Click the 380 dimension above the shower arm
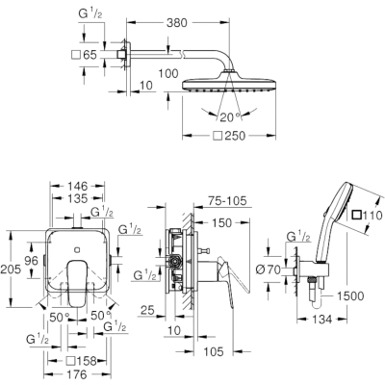tap(177, 23)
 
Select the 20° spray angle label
tap(230, 117)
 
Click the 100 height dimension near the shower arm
tap(168, 73)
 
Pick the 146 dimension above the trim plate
tap(78, 186)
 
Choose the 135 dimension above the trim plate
tap(78, 198)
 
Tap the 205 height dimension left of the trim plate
tap(11, 269)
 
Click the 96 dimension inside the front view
tap(31, 260)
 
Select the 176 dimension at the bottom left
tap(77, 374)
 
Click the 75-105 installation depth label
tap(227, 201)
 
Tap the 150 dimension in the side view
tap(221, 223)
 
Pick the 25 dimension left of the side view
tap(147, 310)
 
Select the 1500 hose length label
tap(350, 296)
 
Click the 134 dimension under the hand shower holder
tap(321, 320)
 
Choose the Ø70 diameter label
tap(268, 269)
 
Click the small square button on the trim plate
tap(77, 249)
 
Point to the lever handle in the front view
tap(77, 282)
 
